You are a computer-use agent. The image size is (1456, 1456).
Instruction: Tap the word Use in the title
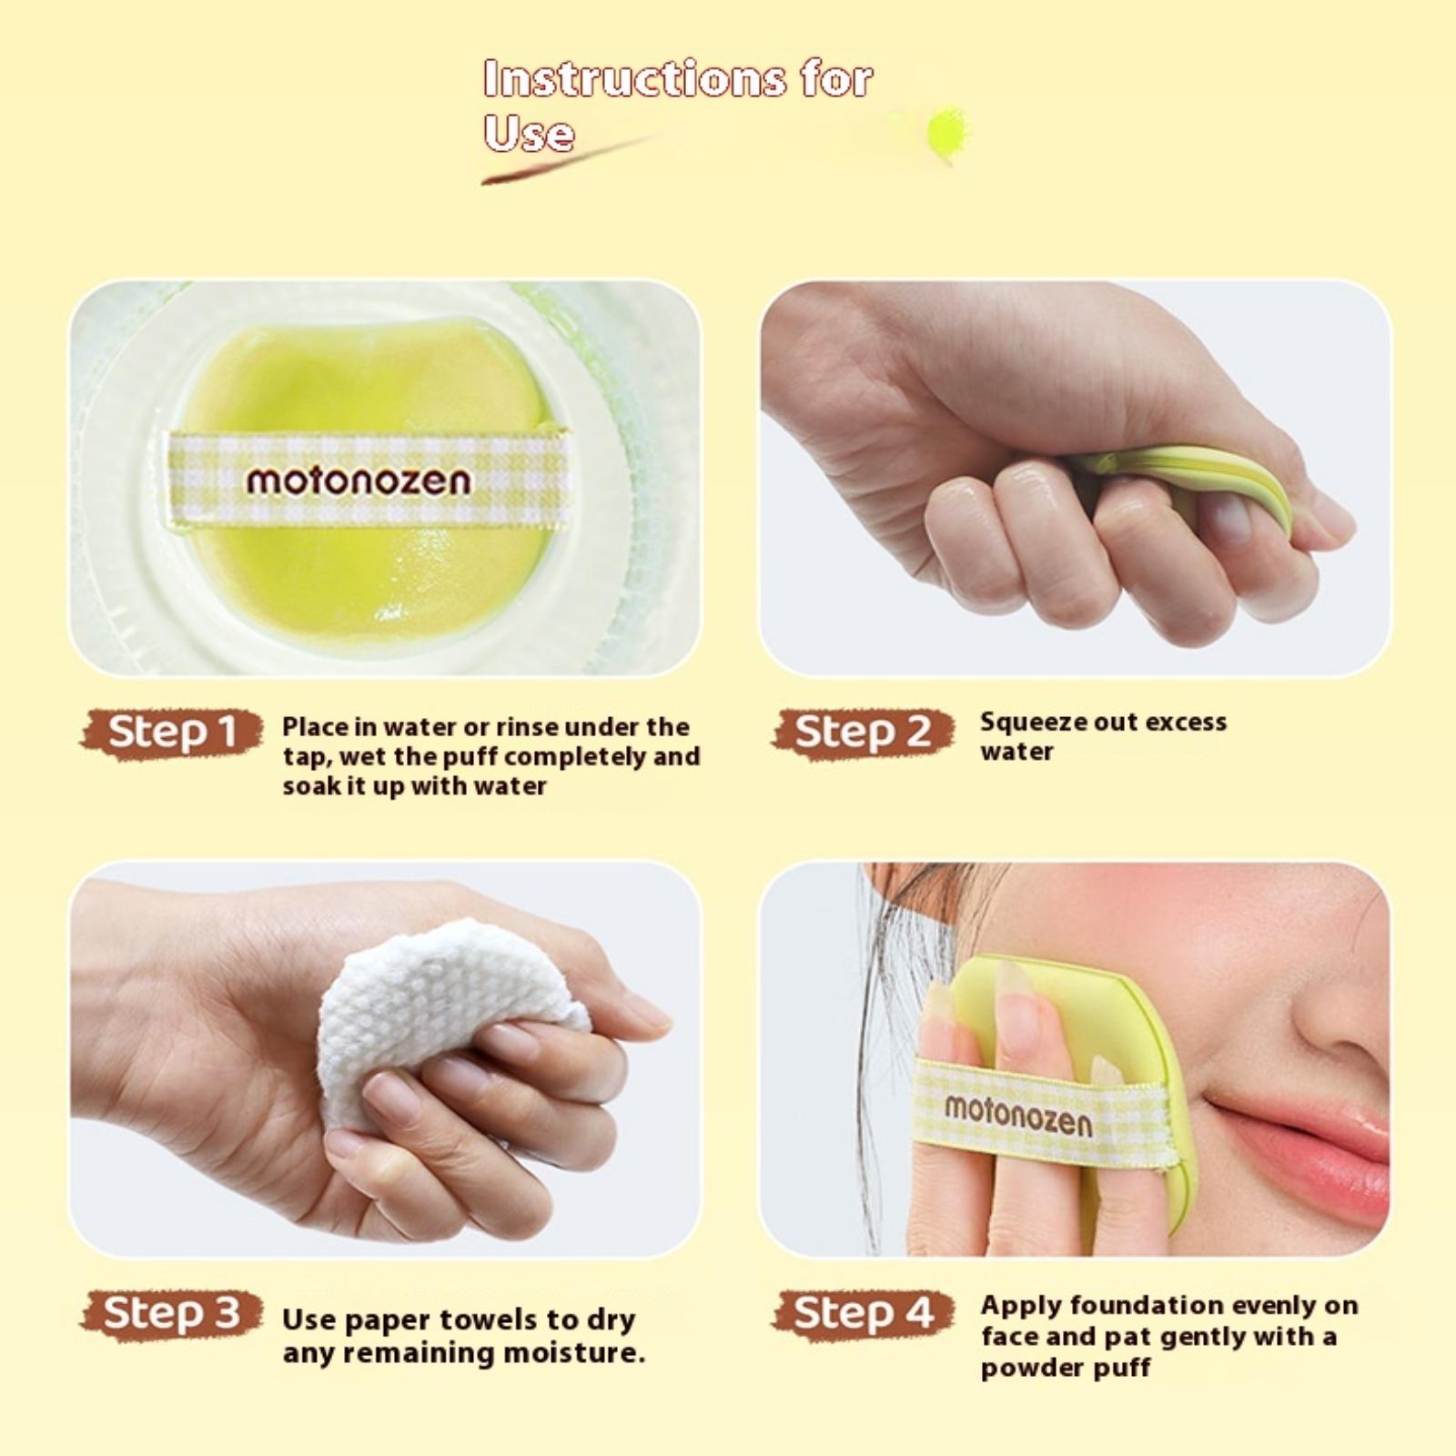click(529, 133)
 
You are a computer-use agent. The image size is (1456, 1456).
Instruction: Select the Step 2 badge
click(864, 733)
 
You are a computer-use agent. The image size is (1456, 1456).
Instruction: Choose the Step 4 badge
click(864, 1314)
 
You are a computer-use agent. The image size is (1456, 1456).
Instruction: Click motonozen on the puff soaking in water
click(359, 480)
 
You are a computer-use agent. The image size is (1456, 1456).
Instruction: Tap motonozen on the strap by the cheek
click(1017, 1115)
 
